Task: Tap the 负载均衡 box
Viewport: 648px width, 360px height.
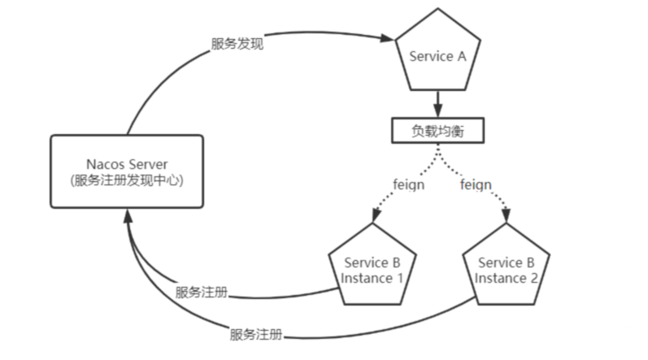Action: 438,132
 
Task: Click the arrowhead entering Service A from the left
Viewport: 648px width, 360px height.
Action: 386,37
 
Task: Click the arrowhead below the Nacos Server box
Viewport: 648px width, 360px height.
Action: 128,215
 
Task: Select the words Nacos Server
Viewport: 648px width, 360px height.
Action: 126,164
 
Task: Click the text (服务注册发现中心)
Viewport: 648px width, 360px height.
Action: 126,180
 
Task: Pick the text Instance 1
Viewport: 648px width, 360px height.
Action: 372,278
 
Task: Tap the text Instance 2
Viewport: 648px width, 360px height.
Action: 506,278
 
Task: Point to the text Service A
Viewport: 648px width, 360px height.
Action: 438,57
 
